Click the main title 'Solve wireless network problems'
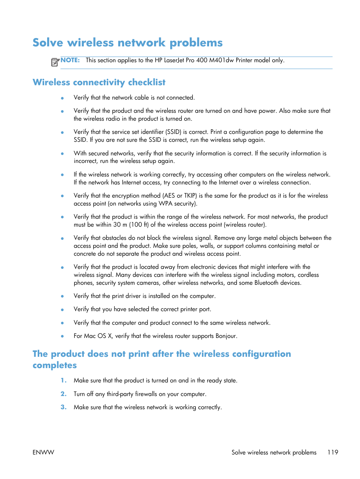pos(128,43)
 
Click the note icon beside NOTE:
pos(55,62)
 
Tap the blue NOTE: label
pos(70,60)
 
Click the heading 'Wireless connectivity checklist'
pos(99,82)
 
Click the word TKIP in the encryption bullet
pos(190,196)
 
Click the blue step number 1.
pos(63,381)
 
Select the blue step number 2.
pos(63,394)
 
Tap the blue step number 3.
pos(63,407)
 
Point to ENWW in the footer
pos(43,452)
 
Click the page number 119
pos(332,452)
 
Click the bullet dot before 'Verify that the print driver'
pos(62,296)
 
